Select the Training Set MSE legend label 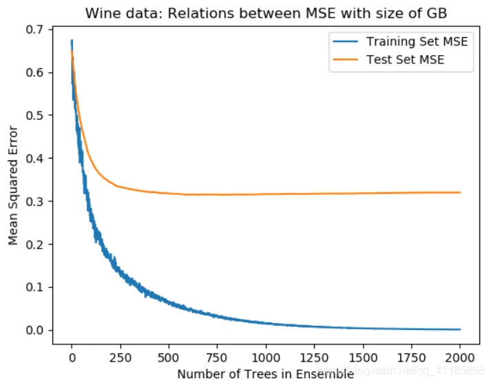pos(417,41)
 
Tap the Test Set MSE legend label pos(405,59)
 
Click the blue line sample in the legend pos(346,41)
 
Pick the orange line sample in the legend pos(346,59)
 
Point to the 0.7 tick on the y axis pos(36,30)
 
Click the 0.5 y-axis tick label pos(36,115)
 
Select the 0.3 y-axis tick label pos(36,201)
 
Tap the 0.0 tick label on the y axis pos(36,330)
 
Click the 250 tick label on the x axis pos(120,359)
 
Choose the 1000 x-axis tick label pos(266,359)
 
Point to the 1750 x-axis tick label pos(411,359)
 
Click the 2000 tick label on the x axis pos(460,359)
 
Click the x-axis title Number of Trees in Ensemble pos(265,374)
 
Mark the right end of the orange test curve pos(459,192)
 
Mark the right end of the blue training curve pos(459,329)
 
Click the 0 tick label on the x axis pos(72,359)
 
